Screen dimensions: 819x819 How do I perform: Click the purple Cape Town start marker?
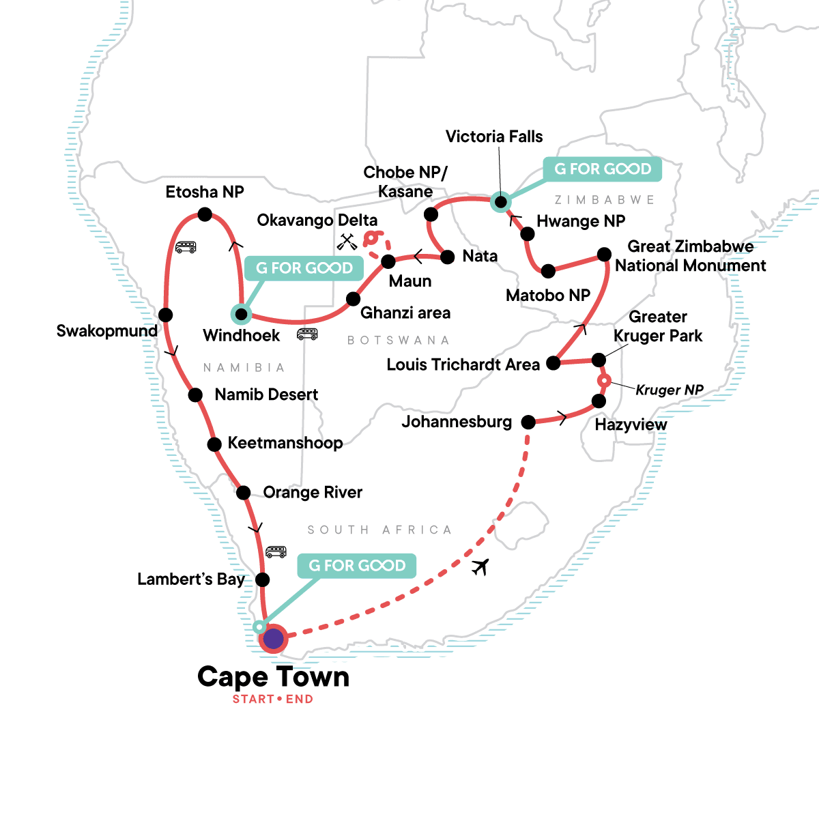pyautogui.click(x=273, y=639)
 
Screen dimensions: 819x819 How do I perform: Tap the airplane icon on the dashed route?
pyautogui.click(x=480, y=566)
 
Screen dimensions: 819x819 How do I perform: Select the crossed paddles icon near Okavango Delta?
pyautogui.click(x=347, y=242)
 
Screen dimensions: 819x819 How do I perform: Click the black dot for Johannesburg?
pyautogui.click(x=528, y=422)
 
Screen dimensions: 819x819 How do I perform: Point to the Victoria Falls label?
pyautogui.click(x=494, y=136)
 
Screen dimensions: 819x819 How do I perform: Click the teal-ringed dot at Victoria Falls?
pyautogui.click(x=501, y=201)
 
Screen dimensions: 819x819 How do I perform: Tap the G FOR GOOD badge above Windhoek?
pyautogui.click(x=304, y=268)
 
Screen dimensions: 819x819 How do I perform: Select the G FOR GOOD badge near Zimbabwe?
pyautogui.click(x=603, y=169)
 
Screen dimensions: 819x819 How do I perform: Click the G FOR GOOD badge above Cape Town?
pyautogui.click(x=357, y=566)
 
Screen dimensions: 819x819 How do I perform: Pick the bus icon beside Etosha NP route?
pyautogui.click(x=186, y=247)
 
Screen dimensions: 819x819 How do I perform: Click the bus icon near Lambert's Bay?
pyautogui.click(x=276, y=552)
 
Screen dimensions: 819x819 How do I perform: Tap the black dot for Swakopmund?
pyautogui.click(x=165, y=315)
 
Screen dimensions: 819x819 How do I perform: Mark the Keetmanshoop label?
pyautogui.click(x=285, y=443)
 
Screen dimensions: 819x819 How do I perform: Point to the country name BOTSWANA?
pyautogui.click(x=399, y=340)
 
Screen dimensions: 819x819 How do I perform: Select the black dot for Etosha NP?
pyautogui.click(x=205, y=214)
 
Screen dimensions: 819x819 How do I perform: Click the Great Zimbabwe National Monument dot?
pyautogui.click(x=604, y=255)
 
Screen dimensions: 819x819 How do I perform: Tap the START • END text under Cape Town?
pyautogui.click(x=273, y=700)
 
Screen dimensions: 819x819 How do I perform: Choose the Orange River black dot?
pyautogui.click(x=244, y=492)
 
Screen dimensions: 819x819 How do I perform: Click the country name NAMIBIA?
pyautogui.click(x=244, y=368)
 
